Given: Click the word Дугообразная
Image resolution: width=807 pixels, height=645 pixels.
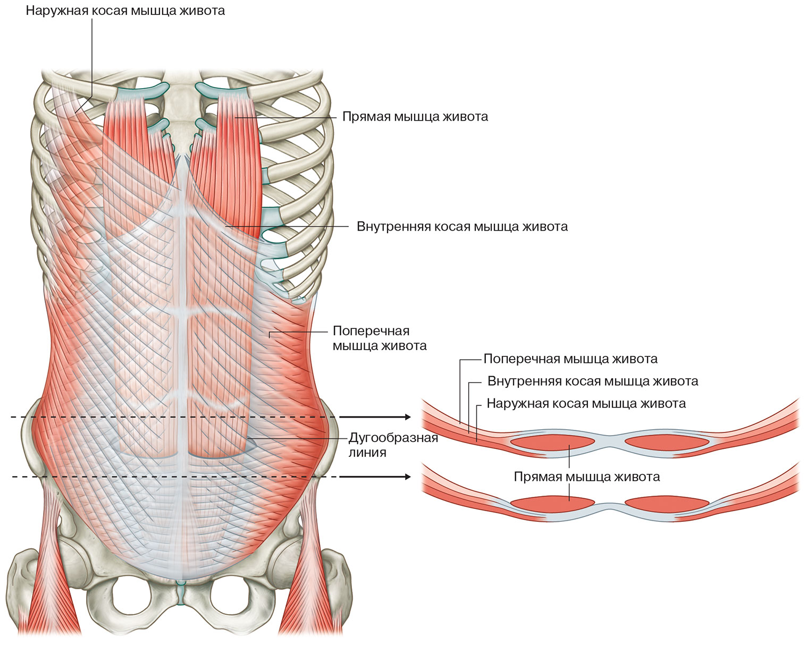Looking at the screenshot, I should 393,438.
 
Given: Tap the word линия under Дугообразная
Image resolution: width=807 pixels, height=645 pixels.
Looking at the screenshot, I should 367,453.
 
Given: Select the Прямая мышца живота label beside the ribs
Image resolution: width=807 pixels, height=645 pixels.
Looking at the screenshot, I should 415,117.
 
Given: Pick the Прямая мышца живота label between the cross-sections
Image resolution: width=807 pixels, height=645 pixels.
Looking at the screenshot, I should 587,477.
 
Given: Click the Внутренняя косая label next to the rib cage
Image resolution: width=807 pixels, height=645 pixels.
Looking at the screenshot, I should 462,227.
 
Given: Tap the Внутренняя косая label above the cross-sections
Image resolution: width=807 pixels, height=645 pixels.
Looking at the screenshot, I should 593,381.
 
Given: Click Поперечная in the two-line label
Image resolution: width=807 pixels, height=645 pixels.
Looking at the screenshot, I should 371,331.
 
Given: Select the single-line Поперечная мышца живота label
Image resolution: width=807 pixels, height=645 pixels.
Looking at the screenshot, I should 570,359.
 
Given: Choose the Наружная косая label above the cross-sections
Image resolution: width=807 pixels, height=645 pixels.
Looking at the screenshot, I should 586,404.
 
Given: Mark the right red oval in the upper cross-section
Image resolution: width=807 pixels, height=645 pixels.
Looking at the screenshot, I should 667,442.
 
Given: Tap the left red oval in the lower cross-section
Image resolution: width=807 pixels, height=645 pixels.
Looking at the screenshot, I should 552,503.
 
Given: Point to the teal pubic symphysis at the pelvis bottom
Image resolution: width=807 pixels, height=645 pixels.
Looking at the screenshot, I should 181,593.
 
